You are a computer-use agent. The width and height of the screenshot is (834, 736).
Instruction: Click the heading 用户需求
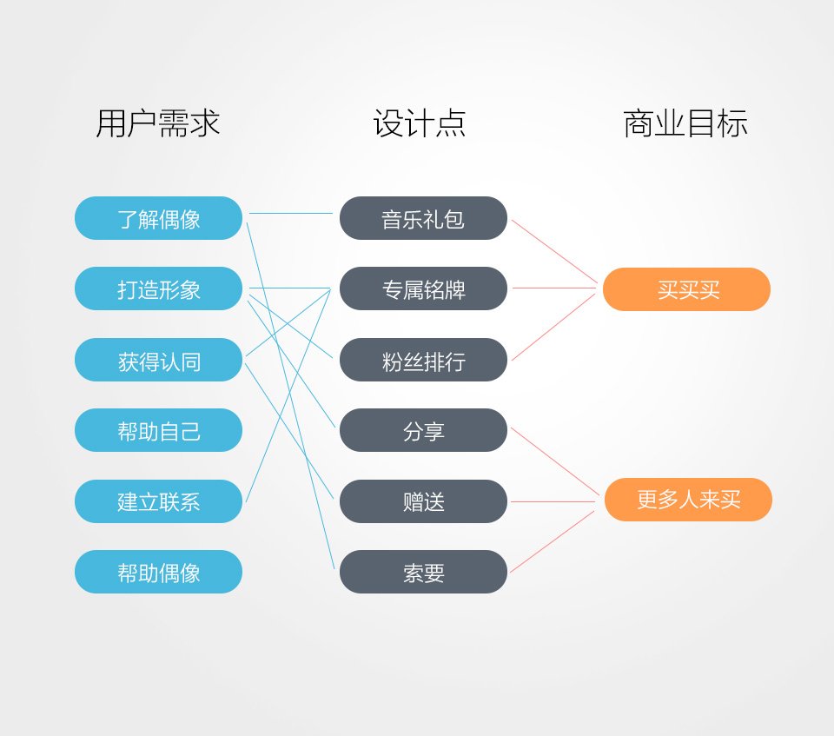click(158, 123)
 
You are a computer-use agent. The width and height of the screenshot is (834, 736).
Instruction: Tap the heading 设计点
click(420, 123)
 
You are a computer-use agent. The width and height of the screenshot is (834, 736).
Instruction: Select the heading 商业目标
click(685, 123)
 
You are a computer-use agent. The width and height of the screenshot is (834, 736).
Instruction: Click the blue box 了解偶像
click(158, 218)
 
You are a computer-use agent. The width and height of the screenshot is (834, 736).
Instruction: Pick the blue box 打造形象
click(158, 288)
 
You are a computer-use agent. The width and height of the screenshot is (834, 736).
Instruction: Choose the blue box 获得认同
click(158, 360)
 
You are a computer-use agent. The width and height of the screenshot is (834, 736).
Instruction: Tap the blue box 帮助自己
click(158, 430)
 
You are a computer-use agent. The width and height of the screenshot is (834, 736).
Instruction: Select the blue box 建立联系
click(158, 501)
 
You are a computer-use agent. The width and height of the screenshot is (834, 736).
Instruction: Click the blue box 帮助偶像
click(158, 572)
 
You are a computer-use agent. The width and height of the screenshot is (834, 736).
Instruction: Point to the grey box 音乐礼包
click(423, 218)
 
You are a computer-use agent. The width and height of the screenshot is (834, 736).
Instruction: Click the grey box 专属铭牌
click(423, 288)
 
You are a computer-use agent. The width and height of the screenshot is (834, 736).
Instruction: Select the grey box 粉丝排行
click(423, 360)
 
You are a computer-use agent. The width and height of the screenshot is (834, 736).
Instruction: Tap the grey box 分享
click(423, 430)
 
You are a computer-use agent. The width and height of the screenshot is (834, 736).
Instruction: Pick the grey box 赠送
click(423, 501)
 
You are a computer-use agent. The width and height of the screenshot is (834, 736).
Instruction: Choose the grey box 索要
click(423, 572)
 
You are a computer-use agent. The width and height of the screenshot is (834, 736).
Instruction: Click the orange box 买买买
click(686, 289)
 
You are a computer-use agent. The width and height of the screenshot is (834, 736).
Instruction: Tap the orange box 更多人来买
click(688, 500)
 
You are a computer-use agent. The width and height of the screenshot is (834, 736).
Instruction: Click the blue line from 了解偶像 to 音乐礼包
click(291, 214)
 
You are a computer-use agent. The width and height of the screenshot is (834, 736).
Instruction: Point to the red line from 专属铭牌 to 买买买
click(554, 288)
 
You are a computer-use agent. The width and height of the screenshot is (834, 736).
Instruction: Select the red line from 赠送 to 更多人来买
click(553, 502)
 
